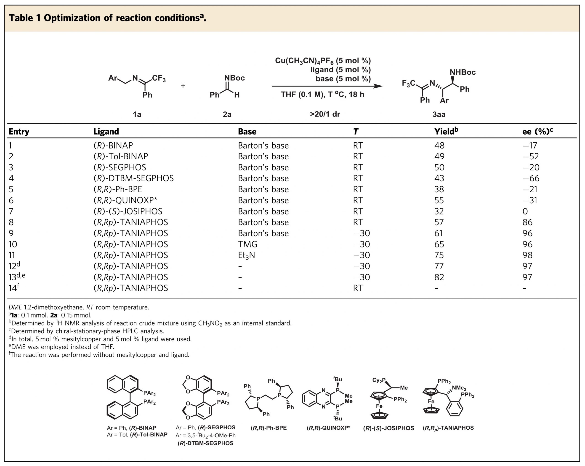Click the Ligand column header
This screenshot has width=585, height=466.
106,132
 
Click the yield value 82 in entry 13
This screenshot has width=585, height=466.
439,277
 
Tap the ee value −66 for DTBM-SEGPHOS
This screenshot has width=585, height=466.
531,178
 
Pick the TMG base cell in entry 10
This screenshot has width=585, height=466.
247,244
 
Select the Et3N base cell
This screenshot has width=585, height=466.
246,255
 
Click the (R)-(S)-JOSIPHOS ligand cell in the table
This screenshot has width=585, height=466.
128,211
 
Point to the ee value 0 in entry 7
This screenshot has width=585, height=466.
525,211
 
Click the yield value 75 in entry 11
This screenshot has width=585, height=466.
439,255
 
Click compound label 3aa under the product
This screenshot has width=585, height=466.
439,114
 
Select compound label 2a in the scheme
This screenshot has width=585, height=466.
227,114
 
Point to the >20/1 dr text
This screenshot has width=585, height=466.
325,114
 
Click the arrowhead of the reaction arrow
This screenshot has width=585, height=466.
378,86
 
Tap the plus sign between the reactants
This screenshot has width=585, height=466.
183,86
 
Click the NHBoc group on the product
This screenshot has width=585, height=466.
463,72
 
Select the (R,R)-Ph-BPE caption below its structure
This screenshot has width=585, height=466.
269,428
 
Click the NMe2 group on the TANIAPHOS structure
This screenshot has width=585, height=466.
459,388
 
